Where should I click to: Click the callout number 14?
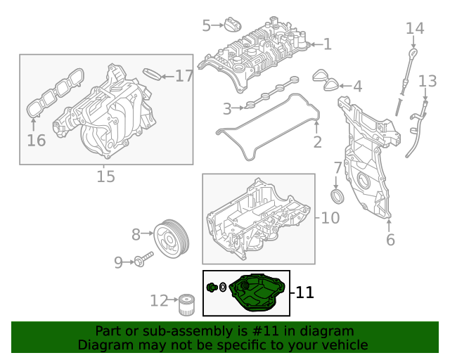point(415,28)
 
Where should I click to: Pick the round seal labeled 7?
point(337,195)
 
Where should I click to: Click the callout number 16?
point(36,140)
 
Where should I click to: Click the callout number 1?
point(327,44)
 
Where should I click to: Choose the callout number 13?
point(427,82)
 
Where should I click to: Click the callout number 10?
point(330,218)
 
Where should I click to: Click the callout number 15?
point(105,176)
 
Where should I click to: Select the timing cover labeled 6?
point(366,162)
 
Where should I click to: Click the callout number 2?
point(317,143)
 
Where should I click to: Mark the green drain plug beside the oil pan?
point(210,287)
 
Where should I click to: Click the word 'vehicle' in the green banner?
point(342,345)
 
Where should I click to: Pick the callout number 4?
point(357,86)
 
